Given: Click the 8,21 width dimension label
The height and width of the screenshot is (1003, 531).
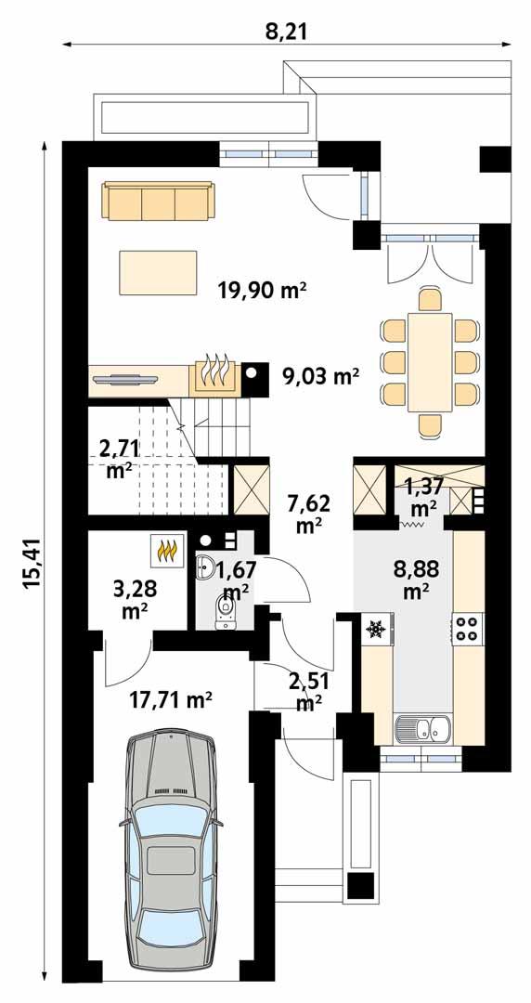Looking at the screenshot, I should click(286, 33).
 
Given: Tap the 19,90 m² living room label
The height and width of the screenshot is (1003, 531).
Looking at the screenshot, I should click(262, 292).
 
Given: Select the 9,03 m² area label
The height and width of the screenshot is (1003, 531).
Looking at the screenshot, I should click(320, 375).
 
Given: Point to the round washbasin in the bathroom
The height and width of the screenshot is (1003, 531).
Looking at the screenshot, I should click(206, 568).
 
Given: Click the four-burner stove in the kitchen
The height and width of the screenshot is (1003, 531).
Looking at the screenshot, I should click(467, 628).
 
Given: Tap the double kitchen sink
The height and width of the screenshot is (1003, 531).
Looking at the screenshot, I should click(422, 729).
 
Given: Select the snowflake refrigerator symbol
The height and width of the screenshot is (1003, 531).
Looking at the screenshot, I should click(376, 630).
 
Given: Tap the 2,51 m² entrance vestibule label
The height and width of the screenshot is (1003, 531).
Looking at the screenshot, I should click(308, 692).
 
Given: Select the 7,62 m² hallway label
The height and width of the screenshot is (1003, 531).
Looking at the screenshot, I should click(308, 513).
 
